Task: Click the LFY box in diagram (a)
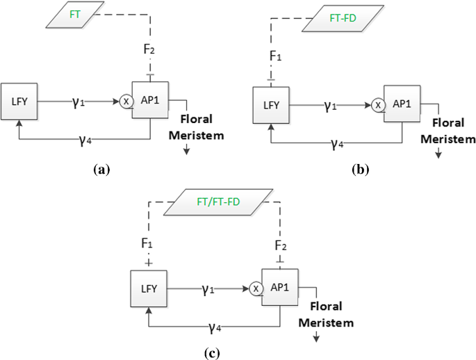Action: click(x=19, y=101)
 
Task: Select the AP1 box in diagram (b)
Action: click(x=401, y=104)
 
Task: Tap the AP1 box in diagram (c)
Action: click(x=279, y=287)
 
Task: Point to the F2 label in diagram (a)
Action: click(x=149, y=51)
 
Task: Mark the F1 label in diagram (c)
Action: click(x=147, y=245)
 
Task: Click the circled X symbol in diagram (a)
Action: click(x=126, y=101)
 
